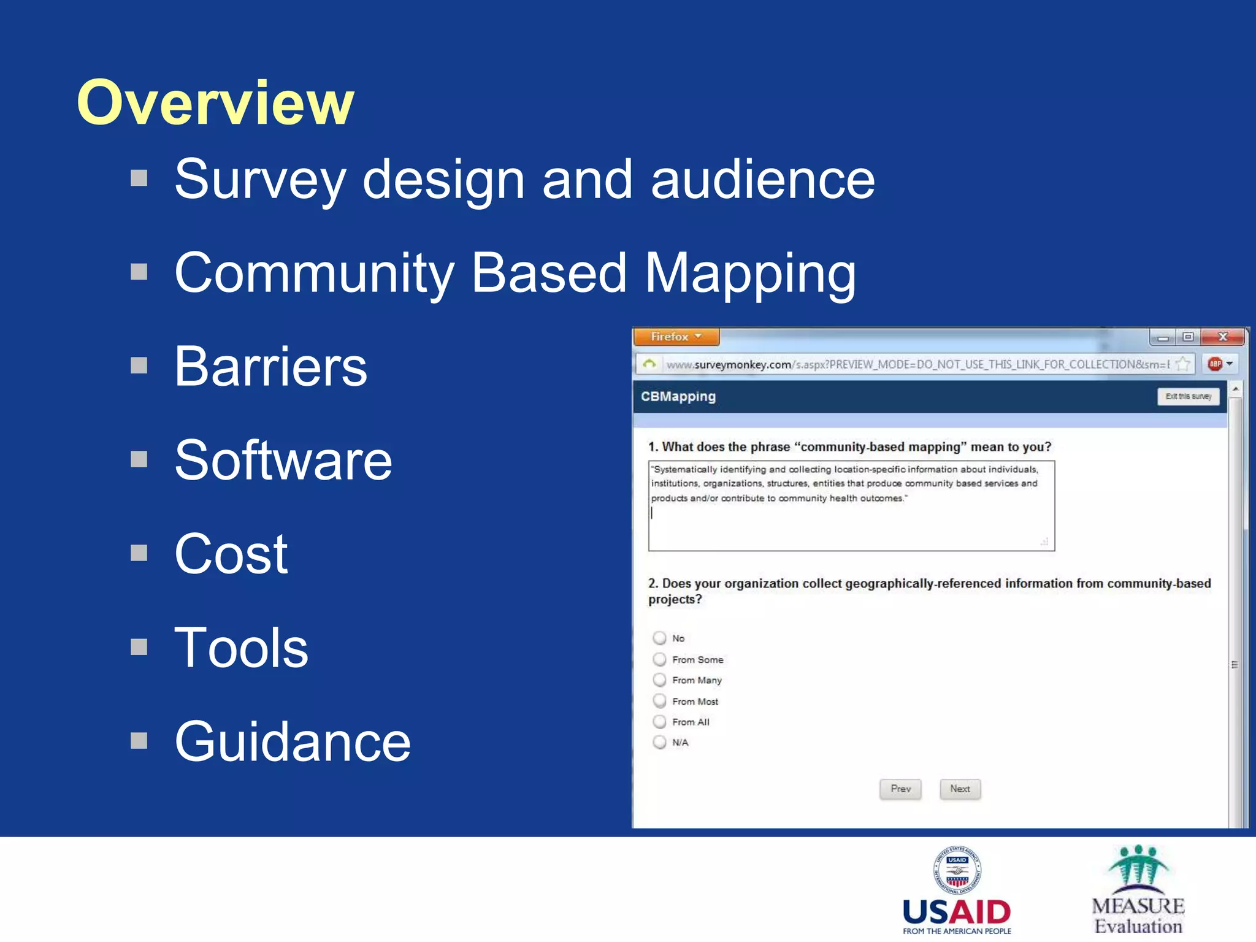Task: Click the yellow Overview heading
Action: coord(215,102)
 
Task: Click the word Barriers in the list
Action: coord(270,367)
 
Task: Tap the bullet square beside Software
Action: coord(139,459)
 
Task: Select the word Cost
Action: coord(231,554)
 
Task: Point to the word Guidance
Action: coord(293,741)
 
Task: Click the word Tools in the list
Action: coord(241,648)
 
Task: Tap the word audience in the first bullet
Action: coord(762,179)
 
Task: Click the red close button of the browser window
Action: coord(1222,337)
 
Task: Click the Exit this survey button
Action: coord(1188,396)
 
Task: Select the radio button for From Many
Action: coord(659,680)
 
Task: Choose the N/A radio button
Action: coord(659,743)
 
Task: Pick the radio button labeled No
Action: coord(659,638)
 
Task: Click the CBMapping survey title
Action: coord(678,396)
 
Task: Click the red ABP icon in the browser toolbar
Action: coord(1214,364)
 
